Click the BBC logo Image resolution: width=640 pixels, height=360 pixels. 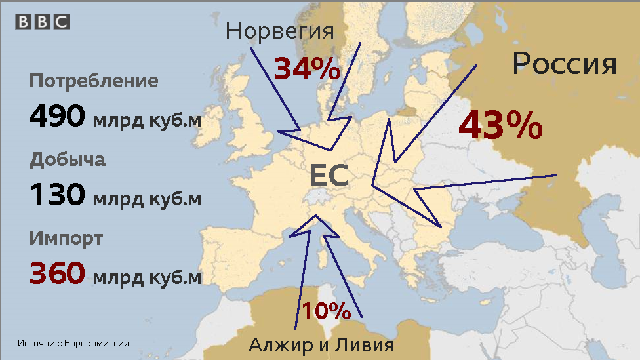(x=43, y=21)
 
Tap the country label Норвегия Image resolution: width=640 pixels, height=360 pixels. (x=280, y=31)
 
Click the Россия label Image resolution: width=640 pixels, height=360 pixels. (x=565, y=64)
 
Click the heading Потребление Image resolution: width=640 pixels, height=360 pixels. (x=94, y=81)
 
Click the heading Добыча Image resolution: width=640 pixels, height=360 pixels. (x=68, y=159)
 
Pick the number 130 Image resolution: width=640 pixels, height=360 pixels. (x=57, y=195)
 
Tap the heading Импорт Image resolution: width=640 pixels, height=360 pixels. (x=66, y=237)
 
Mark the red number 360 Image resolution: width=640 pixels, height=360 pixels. (x=57, y=273)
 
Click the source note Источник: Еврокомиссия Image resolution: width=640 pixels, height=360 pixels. (x=73, y=343)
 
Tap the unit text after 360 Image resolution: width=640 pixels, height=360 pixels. (x=147, y=277)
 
